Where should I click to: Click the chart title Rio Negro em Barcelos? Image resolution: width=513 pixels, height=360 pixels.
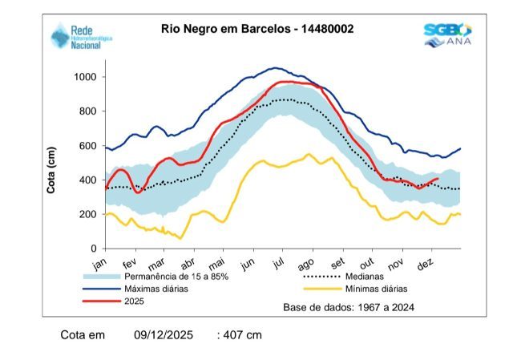(257, 30)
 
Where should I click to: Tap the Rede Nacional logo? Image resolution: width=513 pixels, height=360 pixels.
(79, 36)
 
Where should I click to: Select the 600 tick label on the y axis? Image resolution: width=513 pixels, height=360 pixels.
(87, 146)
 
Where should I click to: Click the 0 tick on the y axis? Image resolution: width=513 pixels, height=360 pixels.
(93, 249)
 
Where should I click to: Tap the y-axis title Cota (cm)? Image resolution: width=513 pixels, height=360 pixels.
(51, 171)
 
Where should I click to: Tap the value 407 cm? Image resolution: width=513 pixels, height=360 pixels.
(241, 334)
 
